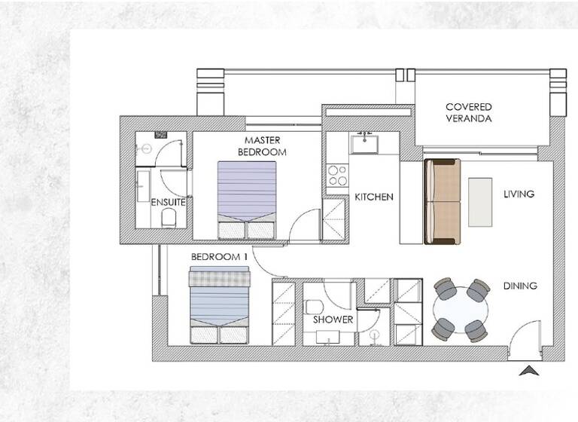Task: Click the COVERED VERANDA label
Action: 468,113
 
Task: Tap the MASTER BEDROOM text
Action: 263,146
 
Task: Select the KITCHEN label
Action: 374,197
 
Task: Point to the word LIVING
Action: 519,194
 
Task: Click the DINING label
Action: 520,286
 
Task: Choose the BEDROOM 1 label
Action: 219,257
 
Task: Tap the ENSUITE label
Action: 169,202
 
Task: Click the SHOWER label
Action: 333,320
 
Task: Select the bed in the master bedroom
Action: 247,200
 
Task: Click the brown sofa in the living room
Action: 442,201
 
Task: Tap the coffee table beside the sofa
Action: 479,201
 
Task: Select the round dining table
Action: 460,310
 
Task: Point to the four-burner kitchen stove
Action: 338,176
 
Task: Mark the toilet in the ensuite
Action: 169,217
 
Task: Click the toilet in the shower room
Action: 315,307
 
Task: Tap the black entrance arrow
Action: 529,371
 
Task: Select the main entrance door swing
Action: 527,338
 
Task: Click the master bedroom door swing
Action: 305,225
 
